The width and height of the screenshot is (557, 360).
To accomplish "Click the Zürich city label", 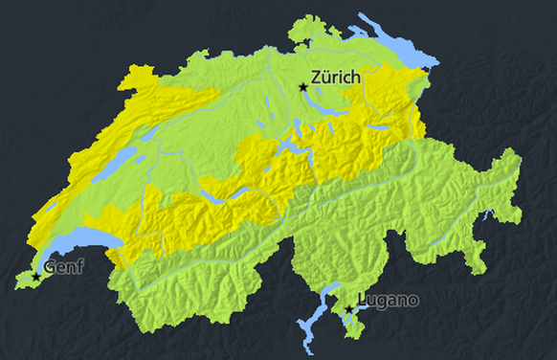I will (336, 77).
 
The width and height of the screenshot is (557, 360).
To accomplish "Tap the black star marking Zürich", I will (303, 87).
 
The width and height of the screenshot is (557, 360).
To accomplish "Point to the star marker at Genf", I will (36, 277).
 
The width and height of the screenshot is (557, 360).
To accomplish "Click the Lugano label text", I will (388, 301).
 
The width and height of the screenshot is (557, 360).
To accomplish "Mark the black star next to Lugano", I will (349, 310).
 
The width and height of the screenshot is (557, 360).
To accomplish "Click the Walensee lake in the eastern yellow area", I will (379, 126).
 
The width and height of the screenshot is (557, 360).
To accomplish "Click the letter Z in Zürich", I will (317, 77).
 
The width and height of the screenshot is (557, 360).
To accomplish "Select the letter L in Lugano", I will (361, 301).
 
